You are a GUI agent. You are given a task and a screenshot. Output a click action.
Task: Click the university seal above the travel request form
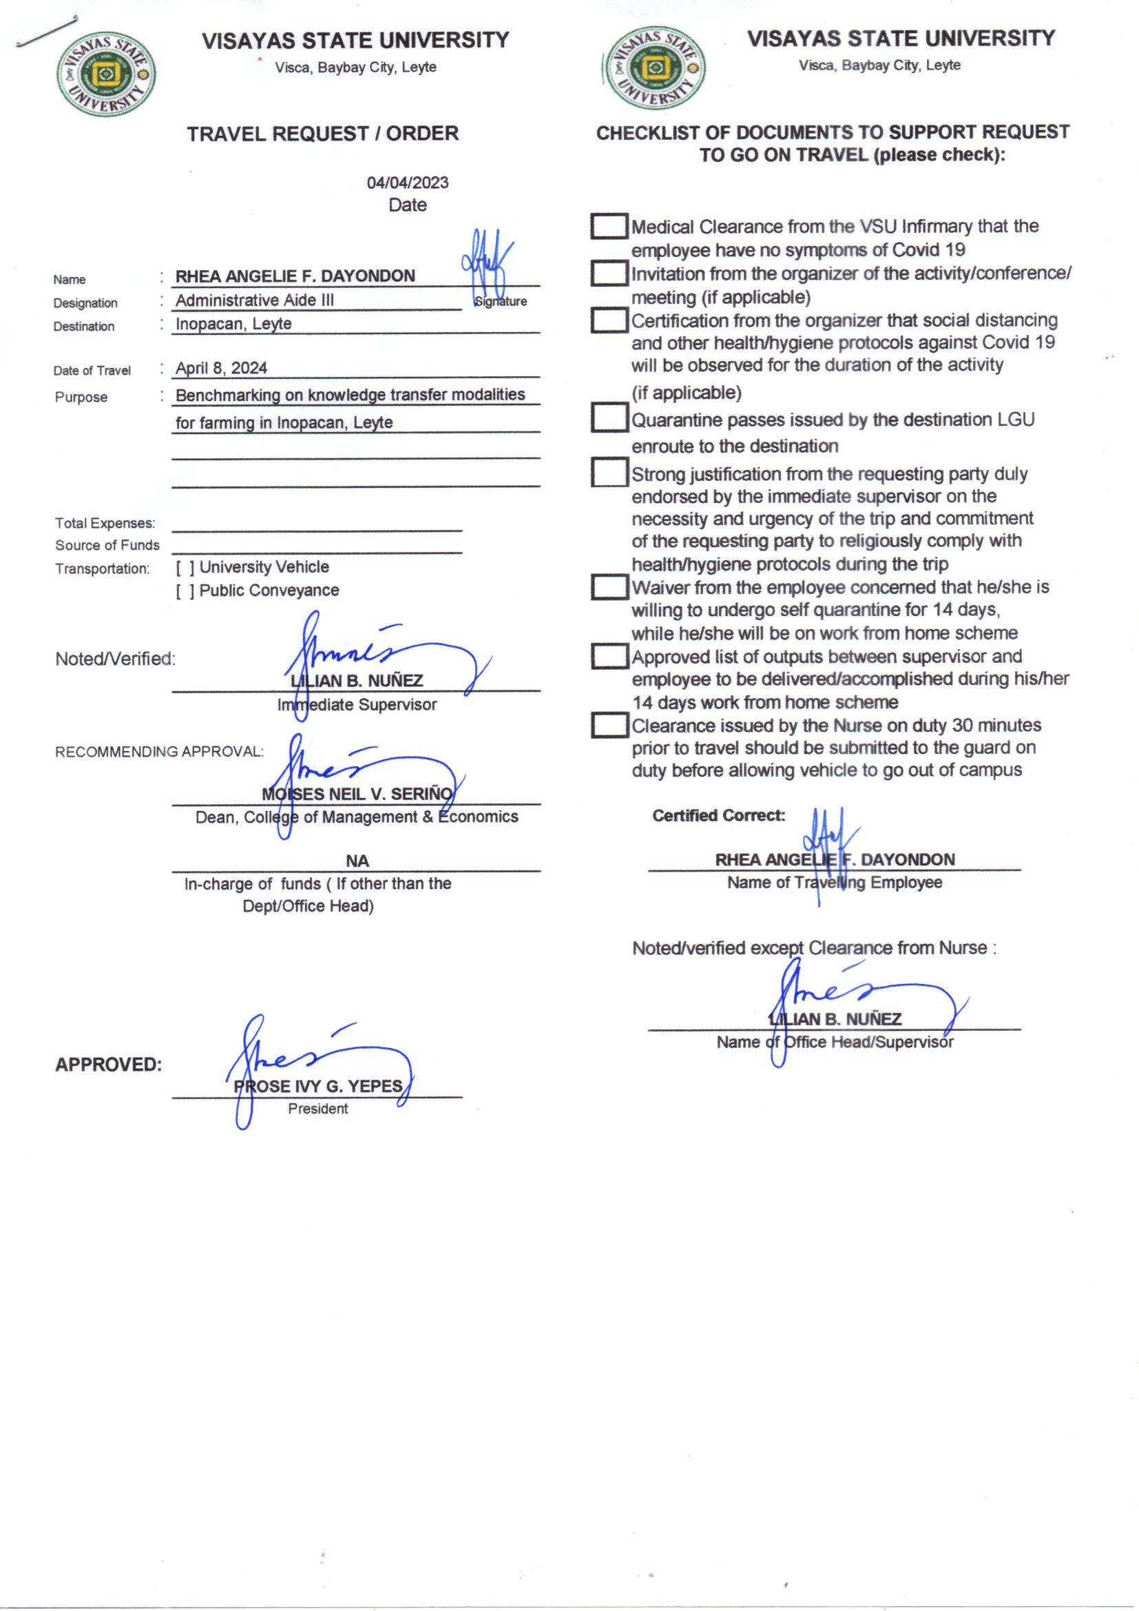coord(106,73)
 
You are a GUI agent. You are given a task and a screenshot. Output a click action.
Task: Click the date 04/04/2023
coord(408,183)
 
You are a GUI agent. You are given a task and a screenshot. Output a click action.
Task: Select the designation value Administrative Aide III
coord(255,300)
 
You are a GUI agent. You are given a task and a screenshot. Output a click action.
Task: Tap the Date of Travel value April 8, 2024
coord(221,368)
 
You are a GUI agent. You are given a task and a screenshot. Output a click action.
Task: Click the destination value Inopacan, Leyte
coord(233,323)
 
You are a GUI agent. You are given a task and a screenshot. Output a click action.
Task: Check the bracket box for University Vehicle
coord(185,568)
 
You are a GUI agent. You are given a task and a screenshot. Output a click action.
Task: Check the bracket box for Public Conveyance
coord(185,591)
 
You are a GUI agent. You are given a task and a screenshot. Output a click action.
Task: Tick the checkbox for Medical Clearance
coord(609,226)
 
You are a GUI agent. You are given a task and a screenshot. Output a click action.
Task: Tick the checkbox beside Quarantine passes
coord(609,418)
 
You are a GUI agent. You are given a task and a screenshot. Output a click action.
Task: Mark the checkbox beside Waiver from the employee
coord(609,586)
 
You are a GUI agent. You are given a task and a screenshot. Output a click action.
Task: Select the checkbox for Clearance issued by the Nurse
coord(609,725)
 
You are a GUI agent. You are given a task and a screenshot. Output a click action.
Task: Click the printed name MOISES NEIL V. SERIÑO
coord(357,794)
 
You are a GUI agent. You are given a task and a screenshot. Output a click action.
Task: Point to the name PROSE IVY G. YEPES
coord(317,1086)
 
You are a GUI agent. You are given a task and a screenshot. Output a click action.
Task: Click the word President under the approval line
coord(317,1109)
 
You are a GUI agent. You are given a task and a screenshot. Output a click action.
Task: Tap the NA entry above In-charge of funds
coord(357,860)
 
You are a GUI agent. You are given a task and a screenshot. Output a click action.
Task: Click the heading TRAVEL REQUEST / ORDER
coord(322,133)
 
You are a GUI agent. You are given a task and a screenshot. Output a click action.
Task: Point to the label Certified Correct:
coord(718,815)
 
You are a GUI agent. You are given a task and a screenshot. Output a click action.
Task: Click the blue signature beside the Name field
coord(486,263)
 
